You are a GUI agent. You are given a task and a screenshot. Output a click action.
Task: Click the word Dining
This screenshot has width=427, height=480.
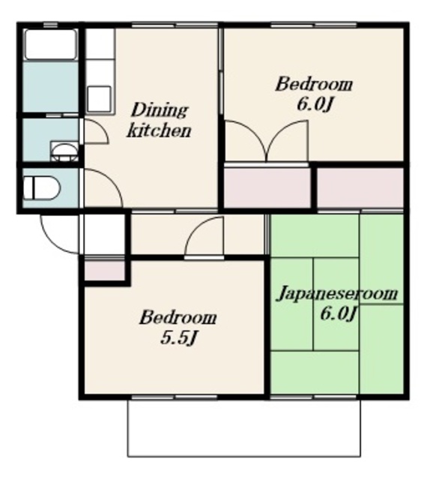[x=159, y=110]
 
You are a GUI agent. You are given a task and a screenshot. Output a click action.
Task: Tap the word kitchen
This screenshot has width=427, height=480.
[x=159, y=131]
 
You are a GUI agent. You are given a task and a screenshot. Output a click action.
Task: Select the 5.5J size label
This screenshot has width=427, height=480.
[x=178, y=338]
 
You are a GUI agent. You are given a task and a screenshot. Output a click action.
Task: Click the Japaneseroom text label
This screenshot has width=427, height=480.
[x=337, y=293]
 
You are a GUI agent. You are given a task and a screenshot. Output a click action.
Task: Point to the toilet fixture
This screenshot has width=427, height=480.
[x=42, y=187]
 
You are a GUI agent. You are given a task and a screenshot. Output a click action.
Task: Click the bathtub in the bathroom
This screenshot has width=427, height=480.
[x=50, y=44]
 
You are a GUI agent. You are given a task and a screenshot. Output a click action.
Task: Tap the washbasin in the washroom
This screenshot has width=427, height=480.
[x=64, y=151]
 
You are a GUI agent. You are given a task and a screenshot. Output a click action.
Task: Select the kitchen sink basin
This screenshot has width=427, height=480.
[x=100, y=99]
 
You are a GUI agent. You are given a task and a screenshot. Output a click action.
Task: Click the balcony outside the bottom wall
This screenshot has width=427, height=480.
[x=243, y=428]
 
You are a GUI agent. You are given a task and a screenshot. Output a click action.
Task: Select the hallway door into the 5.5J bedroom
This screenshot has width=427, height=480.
[x=204, y=236]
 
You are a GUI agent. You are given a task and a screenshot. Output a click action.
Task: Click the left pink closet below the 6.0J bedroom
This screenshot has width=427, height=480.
[x=267, y=187]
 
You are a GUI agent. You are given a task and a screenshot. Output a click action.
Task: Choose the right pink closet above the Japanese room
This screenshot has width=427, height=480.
[x=360, y=187]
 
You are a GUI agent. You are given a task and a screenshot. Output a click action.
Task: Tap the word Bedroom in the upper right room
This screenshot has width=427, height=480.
[x=314, y=84]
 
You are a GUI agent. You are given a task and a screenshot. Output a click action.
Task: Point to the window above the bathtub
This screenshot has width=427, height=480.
[x=50, y=25]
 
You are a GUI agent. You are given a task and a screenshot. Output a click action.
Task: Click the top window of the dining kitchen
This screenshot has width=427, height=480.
[x=175, y=25]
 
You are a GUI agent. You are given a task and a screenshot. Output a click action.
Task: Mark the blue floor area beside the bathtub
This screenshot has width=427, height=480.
[x=50, y=87]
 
